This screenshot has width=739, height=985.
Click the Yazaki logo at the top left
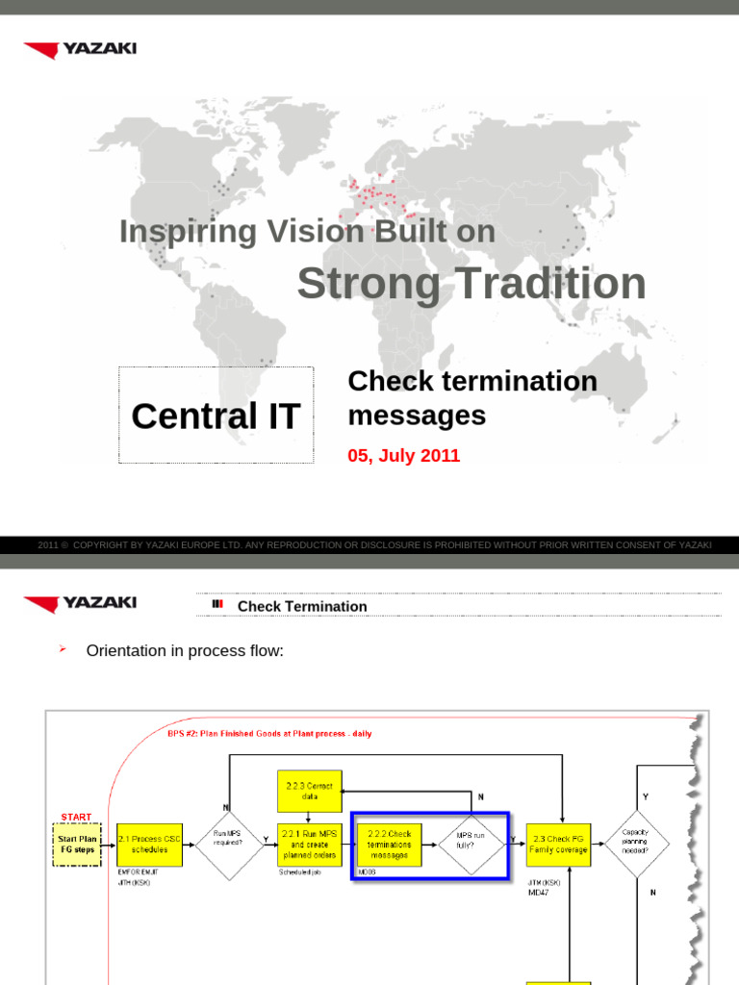pyautogui.click(x=80, y=49)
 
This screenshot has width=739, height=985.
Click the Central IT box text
pyautogui.click(x=216, y=417)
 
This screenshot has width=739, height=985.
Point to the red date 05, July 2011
pyautogui.click(x=403, y=456)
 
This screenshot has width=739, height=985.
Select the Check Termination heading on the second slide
pyautogui.click(x=302, y=606)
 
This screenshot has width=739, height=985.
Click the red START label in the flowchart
pyautogui.click(x=76, y=817)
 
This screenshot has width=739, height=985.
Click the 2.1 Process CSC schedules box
pyautogui.click(x=148, y=845)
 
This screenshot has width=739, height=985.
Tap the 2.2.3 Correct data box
pyautogui.click(x=309, y=792)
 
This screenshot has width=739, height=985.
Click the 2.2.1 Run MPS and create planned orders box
pyautogui.click(x=309, y=845)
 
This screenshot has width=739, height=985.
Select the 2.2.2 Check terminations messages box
pyautogui.click(x=388, y=845)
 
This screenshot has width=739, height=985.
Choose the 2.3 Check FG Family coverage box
pyautogui.click(x=558, y=845)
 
